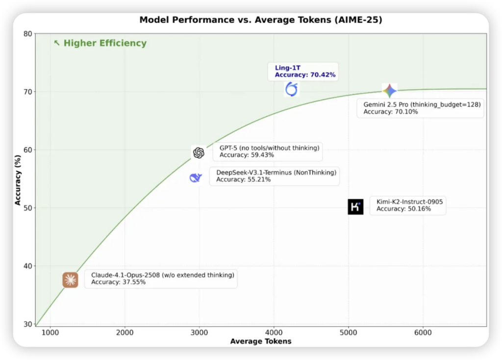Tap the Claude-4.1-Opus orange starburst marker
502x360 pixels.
pos(70,280)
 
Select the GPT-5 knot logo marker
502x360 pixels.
pos(199,153)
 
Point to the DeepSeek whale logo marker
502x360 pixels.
pos(196,177)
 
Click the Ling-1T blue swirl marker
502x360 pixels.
pos(292,89)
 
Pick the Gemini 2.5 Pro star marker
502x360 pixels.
pos(389,91)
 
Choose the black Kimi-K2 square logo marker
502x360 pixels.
pos(355,207)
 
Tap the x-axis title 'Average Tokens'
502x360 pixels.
pos(261,341)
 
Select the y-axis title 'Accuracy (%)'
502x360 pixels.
pos(18,180)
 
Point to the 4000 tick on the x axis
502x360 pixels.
pos(274,333)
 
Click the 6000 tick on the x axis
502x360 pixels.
pos(423,333)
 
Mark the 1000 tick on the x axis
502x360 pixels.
pos(50,333)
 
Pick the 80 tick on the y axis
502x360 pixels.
pos(27,34)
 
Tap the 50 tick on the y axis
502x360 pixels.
pos(27,208)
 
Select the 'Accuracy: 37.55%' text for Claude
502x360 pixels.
pos(118,282)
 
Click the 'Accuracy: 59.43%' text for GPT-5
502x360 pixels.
pos(247,155)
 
